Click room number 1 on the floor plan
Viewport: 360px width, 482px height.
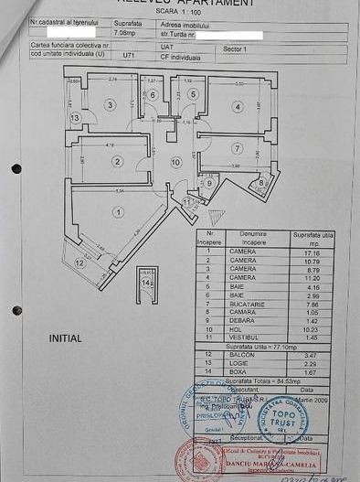point(117,212)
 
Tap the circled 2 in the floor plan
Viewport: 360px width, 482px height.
point(117,161)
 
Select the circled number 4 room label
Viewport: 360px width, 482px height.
point(237,107)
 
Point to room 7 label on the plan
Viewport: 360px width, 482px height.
point(237,148)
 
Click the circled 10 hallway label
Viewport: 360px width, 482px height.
point(176,162)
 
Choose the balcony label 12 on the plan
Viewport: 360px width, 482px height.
point(79,262)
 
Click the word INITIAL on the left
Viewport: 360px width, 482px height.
point(65,338)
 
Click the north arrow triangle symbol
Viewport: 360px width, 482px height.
point(216,217)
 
